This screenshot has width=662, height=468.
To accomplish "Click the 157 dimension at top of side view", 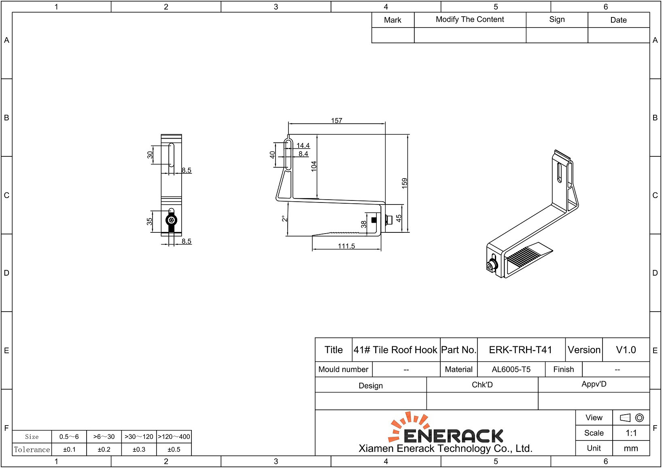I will [336, 120].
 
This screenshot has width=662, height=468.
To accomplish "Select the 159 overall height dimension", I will [404, 183].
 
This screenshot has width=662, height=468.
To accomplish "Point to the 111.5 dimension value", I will [346, 246].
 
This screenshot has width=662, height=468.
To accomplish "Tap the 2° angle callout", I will [285, 219].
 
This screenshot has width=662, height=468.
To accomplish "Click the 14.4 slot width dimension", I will [303, 145].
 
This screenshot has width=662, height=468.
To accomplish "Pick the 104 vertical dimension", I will [314, 166].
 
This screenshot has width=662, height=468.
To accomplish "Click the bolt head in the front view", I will [172, 220].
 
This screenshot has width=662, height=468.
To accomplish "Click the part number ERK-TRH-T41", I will [520, 350].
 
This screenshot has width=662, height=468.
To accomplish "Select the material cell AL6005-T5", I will [511, 369].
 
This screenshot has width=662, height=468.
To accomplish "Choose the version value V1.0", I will [626, 350].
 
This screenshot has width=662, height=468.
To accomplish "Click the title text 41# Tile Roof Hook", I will [395, 350].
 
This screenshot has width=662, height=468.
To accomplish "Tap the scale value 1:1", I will [631, 433].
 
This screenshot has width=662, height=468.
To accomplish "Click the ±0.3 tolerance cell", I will [139, 449].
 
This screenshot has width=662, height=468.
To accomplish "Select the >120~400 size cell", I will [174, 436].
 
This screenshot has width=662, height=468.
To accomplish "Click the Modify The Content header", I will [470, 19].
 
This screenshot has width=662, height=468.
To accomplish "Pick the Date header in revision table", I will [618, 20].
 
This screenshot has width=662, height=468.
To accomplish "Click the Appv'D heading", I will [594, 384].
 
